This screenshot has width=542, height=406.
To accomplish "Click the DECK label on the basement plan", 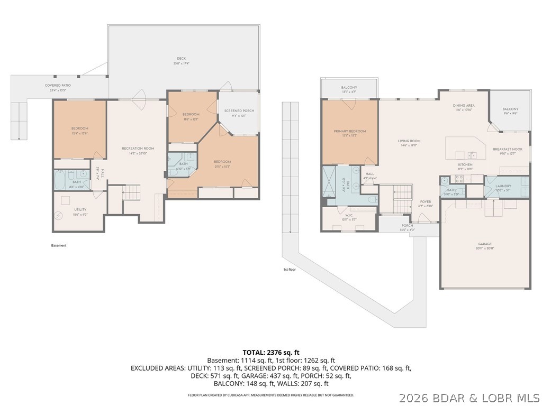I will tap(181, 59).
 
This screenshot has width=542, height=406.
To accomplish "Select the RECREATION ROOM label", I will tap(138, 149).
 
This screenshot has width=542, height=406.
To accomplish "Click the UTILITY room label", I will tap(79, 209).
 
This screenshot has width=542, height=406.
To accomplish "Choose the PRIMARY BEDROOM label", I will tap(349, 131).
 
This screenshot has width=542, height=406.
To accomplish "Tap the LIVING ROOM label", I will tap(409, 141).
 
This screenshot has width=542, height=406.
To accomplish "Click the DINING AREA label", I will tap(464, 106).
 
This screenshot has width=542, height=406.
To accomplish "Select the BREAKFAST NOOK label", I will tap(507, 149).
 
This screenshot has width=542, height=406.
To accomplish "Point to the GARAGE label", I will tap(485, 244).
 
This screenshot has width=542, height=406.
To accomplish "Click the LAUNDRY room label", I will tap(503, 186).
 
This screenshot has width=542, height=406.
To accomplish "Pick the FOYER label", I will tap(426, 201).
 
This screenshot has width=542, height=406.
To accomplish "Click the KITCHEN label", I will tap(465, 164).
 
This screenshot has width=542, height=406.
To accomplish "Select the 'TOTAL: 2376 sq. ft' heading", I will tap(271, 352).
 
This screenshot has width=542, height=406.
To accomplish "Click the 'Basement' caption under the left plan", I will tap(59, 245).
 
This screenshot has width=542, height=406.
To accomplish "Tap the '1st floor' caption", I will tap(288, 270).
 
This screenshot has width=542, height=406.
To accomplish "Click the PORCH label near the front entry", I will tap(407, 226).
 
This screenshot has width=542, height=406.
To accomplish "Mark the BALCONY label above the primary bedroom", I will tap(349, 88).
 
